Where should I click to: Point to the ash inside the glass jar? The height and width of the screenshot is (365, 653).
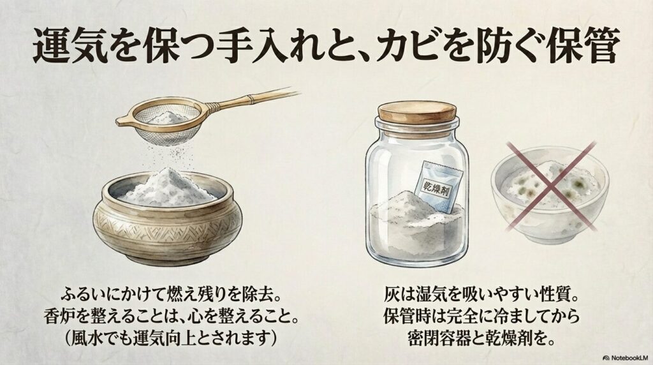(408, 227)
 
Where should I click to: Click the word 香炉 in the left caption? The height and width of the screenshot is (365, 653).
(71, 317)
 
